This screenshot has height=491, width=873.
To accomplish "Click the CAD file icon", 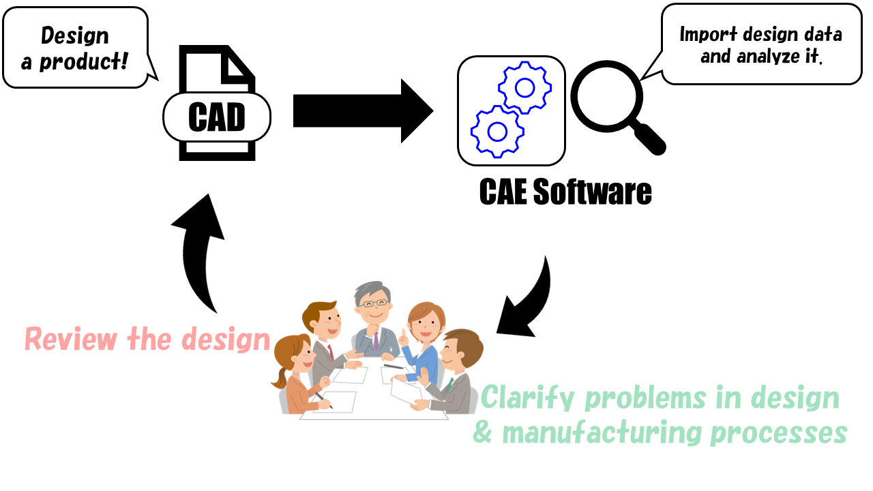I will (217, 102).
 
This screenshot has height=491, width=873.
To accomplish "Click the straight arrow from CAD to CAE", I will (361, 110).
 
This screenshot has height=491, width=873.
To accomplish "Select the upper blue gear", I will (524, 87).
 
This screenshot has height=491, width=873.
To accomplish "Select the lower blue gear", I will (498, 130).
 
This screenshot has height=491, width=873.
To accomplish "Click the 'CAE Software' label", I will (565, 192).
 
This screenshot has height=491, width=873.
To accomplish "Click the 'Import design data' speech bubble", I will (760, 45).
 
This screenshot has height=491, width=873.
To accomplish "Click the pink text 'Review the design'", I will (147, 339).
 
